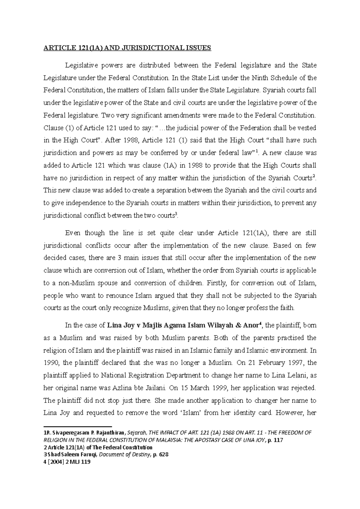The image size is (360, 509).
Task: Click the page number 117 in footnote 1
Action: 279,440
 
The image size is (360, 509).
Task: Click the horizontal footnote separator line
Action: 77,426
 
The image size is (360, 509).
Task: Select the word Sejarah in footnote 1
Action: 136,433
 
